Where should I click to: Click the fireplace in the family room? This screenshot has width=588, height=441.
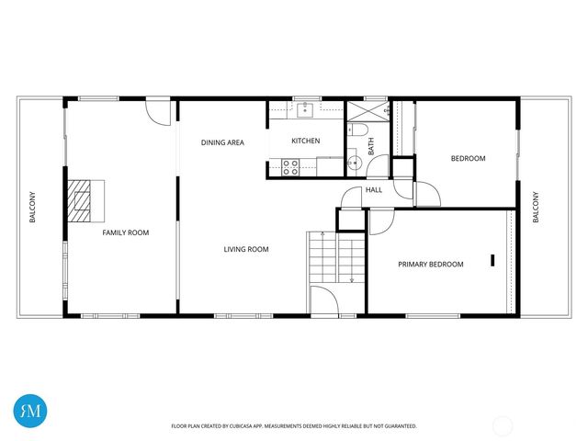pos(85,200)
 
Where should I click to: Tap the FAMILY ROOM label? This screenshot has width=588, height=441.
pos(125,233)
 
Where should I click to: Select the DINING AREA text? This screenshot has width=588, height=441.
pos(222,142)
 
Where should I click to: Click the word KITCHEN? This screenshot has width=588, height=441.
pos(306,141)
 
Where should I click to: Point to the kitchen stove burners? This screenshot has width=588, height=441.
pos(290,167)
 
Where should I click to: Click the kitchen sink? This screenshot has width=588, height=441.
pos(305,110)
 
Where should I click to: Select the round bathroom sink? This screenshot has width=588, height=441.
pos(355,164)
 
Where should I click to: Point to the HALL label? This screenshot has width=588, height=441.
pos(374,190)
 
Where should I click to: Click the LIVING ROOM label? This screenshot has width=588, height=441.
pos(246,249)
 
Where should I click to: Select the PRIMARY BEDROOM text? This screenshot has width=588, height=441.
pos(430,265)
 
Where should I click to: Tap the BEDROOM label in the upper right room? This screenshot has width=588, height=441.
pos(468,159)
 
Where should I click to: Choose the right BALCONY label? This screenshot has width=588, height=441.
pos(537,208)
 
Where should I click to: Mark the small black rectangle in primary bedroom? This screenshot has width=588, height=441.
pos(493,260)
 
